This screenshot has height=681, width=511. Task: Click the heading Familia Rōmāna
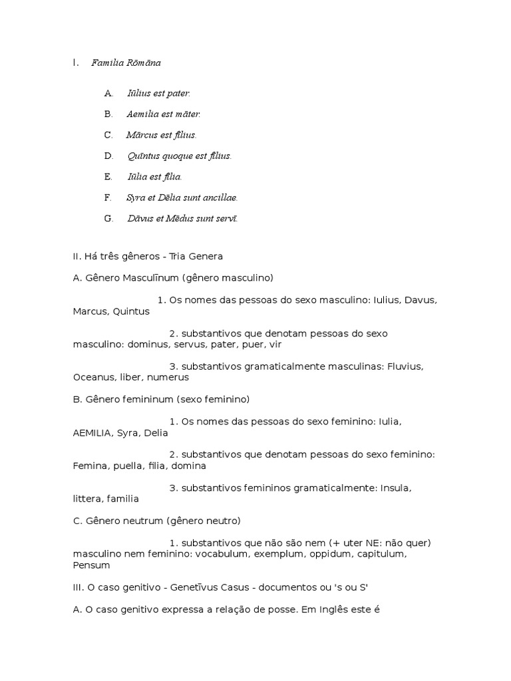pyautogui.click(x=126, y=63)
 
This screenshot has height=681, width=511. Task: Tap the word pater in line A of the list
pyautogui.click(x=178, y=94)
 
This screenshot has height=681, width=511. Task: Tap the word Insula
pyautogui.click(x=396, y=488)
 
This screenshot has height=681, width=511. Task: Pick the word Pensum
pyautogui.click(x=91, y=565)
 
